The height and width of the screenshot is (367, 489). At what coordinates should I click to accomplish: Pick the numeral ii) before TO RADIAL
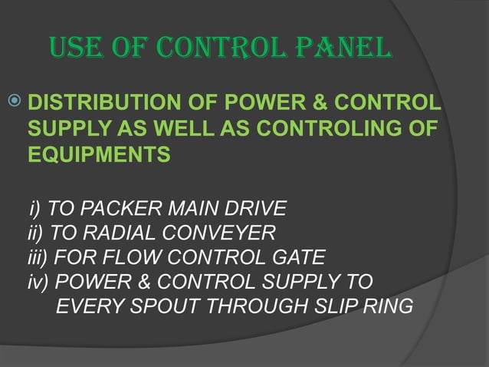click(x=35, y=232)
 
